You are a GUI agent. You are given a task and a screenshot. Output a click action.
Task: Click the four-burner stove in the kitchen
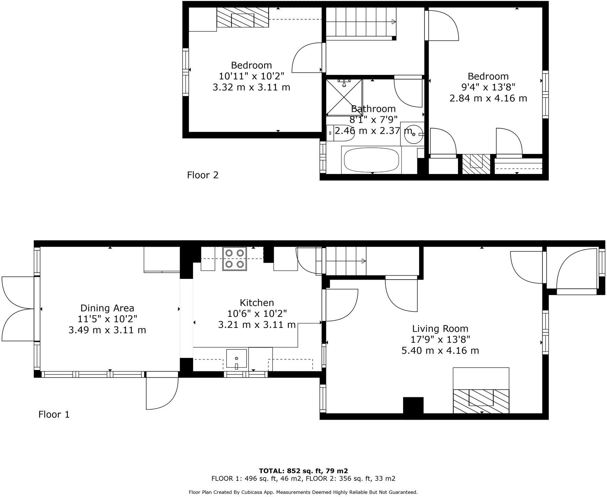point(235,259)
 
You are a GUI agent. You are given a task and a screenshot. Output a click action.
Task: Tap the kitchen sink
point(237,359)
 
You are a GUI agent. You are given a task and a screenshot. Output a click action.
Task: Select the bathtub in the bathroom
point(371,160)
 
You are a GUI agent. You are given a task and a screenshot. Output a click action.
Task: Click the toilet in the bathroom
point(340,133)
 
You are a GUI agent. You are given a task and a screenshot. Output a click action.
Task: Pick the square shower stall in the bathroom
point(344,97)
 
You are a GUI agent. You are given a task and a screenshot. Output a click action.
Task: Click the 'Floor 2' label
point(203,175)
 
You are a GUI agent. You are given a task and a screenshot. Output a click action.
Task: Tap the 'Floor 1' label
point(54,414)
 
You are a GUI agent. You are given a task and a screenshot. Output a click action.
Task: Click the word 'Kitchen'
point(257,303)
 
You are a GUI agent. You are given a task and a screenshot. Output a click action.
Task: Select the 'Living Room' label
point(440,329)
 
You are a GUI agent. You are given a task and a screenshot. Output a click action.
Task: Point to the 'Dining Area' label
point(107,308)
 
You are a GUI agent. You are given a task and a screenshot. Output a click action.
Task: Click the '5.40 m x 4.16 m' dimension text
point(440,351)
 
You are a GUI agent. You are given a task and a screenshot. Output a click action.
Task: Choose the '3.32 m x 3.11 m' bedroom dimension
point(251,87)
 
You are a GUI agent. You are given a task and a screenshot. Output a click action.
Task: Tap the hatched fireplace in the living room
point(481,401)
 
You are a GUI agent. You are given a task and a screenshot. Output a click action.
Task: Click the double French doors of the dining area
point(18,309)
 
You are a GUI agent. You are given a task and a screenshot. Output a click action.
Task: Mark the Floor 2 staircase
point(360,22)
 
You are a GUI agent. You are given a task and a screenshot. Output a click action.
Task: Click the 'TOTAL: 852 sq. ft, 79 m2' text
point(303,471)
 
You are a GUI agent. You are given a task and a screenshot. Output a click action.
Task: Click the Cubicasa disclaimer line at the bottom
point(303,492)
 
